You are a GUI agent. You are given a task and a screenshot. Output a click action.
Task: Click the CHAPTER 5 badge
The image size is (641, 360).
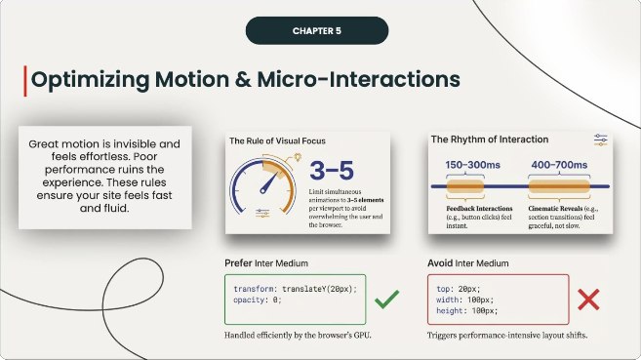coord(319,31)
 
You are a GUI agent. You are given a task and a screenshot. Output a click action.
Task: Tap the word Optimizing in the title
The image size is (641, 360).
coord(87,80)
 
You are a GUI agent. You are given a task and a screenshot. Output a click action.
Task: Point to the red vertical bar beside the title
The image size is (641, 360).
coord(24,80)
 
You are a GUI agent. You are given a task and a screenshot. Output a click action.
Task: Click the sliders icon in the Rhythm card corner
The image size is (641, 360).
coord(600,142)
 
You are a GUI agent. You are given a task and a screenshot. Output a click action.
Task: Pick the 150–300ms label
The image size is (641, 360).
coord(474,166)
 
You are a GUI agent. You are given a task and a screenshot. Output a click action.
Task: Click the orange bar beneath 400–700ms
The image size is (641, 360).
coord(557,185)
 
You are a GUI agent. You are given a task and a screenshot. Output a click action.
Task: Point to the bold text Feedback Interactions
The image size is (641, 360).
coord(478,208)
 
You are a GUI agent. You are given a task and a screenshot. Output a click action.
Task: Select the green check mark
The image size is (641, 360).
coord(386,299)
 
